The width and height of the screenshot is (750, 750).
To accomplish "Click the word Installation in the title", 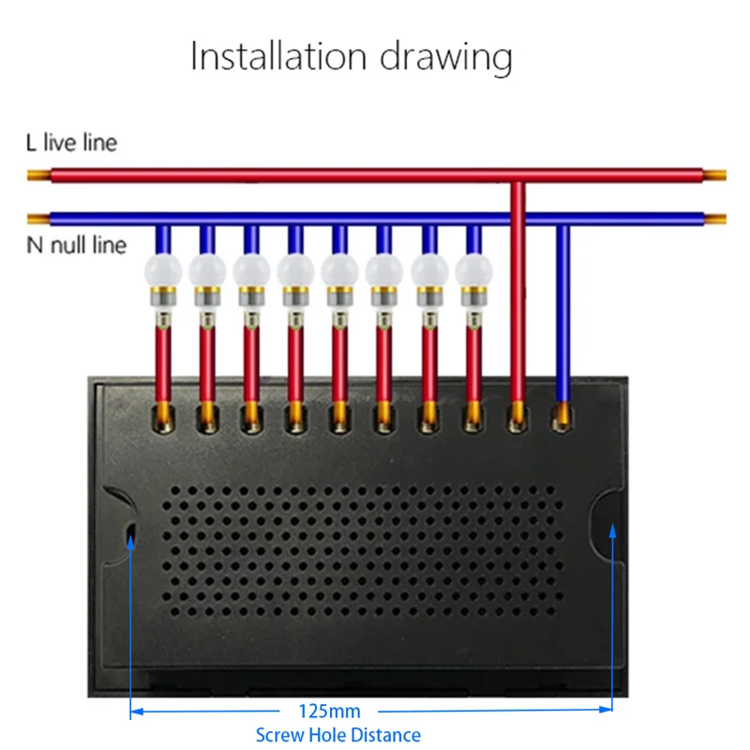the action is (278, 56).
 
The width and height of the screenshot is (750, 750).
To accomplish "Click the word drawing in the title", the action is (446, 58).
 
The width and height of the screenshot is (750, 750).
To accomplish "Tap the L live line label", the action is (72, 142).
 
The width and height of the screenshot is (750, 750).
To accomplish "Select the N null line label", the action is (77, 245).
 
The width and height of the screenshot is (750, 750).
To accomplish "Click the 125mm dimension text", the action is (329, 712).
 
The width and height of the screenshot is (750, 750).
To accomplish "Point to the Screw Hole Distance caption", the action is (338, 735).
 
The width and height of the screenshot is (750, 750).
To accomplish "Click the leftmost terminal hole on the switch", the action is (163, 418).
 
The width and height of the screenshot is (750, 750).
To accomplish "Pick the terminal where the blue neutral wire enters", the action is (562, 417).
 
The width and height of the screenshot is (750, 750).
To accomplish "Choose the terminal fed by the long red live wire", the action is (517, 417).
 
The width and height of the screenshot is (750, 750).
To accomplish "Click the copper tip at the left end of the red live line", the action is (39, 175).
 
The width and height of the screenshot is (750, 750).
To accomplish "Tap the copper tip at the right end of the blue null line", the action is (715, 219).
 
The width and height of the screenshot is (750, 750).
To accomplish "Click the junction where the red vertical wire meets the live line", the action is (517, 181).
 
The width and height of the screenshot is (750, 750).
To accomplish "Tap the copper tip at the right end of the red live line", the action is (714, 175).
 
